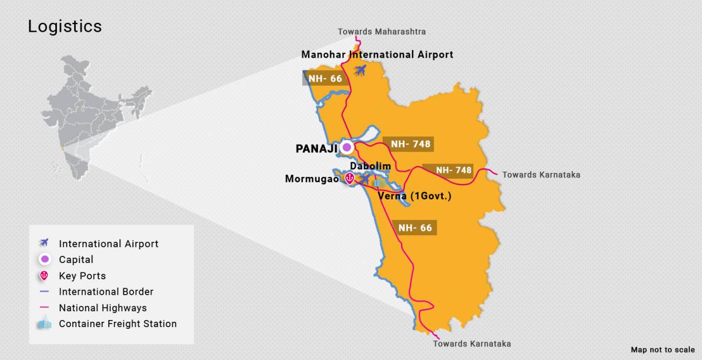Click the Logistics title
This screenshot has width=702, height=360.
point(65,26)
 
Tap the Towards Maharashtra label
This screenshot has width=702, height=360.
point(382,32)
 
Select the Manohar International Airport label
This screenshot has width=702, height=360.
point(377,55)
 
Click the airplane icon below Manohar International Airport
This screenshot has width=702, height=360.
point(360,70)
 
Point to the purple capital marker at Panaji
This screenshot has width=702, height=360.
point(347,147)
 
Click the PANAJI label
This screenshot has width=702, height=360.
point(316,149)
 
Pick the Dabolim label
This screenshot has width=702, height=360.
point(370,166)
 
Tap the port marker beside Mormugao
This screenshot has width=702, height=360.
point(350,178)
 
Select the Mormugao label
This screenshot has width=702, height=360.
point(312,179)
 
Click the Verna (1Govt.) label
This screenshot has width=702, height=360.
point(414,196)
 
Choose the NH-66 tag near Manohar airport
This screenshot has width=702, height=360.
point(325,79)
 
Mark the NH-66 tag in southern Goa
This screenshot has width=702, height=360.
point(415,228)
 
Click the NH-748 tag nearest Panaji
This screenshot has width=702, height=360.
point(410,144)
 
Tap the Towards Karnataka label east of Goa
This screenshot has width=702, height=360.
point(541,175)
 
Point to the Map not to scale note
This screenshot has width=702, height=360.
point(663,350)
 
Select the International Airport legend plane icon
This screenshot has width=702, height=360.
point(44,243)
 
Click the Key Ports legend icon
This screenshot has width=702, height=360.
point(44,275)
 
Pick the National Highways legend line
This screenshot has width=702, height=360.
point(44,308)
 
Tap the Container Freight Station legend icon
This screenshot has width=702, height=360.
point(44,323)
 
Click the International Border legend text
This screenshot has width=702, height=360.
point(106,292)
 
